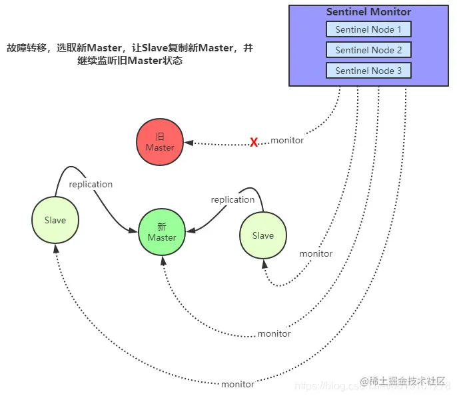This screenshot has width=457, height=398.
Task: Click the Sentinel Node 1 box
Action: click(368, 29)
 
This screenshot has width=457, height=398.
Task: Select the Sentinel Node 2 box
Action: click(368, 50)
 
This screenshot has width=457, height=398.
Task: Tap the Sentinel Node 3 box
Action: click(368, 71)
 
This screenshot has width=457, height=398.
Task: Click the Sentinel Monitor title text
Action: click(368, 12)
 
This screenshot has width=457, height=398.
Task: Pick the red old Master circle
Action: click(160, 142)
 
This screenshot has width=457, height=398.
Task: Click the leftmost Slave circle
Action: click(55, 220)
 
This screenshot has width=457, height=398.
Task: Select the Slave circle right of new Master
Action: click(262, 235)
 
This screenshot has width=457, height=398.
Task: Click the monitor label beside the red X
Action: click(287, 141)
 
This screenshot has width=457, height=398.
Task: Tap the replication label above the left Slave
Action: click(91, 184)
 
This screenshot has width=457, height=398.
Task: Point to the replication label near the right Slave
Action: click(232, 199)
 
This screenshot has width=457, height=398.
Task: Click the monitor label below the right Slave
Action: click(316, 253)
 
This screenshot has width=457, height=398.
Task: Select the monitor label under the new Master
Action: click(274, 333)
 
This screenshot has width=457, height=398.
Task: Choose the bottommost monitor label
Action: click(238, 384)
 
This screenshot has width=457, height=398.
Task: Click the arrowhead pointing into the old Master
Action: click(189, 143)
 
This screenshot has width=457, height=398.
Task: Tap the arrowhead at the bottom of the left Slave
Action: click(55, 247)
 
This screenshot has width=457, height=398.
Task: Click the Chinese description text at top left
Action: click(130, 54)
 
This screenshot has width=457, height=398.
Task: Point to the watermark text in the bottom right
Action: click(403, 381)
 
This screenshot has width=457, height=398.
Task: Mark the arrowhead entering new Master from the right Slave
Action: click(191, 231)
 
